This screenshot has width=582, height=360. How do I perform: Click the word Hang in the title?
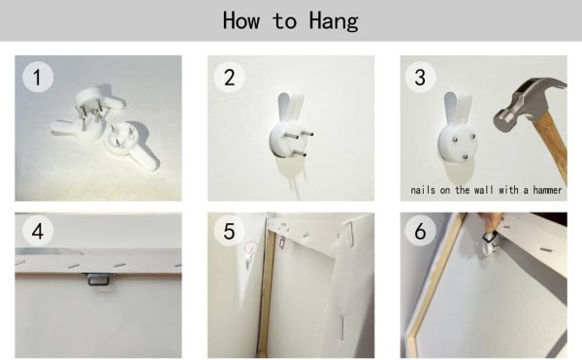point(334,21)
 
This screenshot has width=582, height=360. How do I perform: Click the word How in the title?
point(241,20)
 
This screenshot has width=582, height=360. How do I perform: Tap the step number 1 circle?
point(38,78)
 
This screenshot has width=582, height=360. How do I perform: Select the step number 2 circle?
point(229,78)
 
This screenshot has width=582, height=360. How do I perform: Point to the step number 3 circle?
point(420,78)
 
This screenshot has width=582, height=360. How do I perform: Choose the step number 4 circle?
point(38,231)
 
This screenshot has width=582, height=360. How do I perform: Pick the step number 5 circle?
point(229,231)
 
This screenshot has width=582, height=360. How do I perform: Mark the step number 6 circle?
point(420,231)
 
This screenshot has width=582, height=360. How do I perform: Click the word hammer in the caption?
point(547,190)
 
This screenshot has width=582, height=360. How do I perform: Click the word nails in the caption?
point(423,190)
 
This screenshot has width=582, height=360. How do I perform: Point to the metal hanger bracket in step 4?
point(97,278)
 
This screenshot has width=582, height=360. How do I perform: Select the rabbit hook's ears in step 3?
point(458,109)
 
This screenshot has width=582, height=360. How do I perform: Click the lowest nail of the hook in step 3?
point(466,158)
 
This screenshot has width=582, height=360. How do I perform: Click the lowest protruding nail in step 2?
point(299,152)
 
